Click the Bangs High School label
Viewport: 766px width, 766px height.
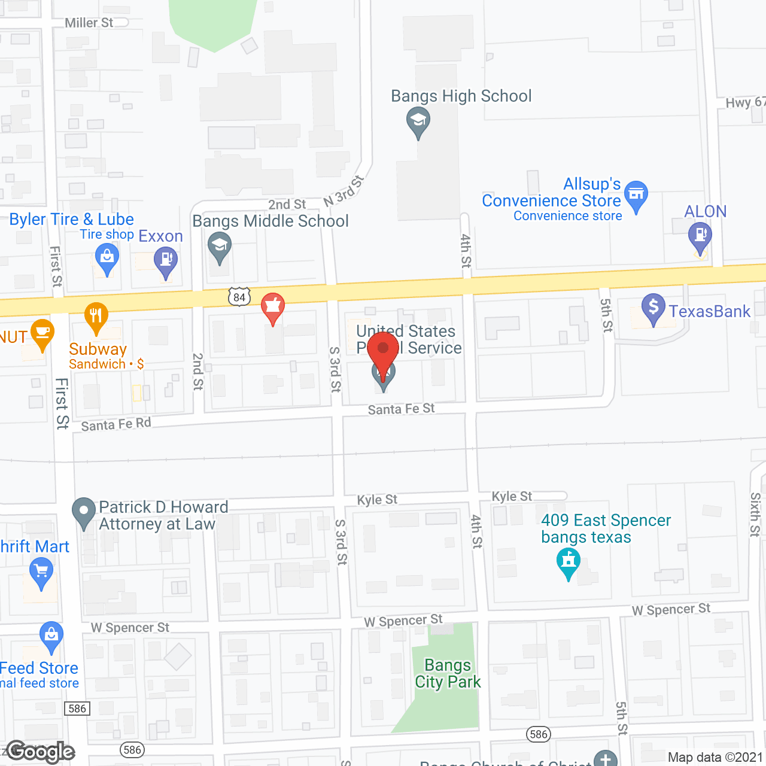pos(461,96)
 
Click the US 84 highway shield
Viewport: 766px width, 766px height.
pos(239,296)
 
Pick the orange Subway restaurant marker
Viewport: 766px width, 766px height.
pos(96,317)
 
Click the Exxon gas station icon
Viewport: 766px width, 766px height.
pos(166,261)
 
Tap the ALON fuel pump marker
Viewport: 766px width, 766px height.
pos(700,235)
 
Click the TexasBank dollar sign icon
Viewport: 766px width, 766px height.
pos(653,308)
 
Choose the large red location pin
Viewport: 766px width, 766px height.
pos(383,351)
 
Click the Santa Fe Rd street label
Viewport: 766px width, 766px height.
pos(116,424)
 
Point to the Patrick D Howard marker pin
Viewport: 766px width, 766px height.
pos(84,512)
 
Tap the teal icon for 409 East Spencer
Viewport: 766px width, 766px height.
pos(569,563)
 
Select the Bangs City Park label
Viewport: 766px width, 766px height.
pos(448,673)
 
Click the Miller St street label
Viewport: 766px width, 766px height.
pos(89,23)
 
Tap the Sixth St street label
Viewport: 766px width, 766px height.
pos(755,515)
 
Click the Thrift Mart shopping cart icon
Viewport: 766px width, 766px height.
pos(41,572)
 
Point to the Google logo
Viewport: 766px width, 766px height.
pos(41,752)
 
